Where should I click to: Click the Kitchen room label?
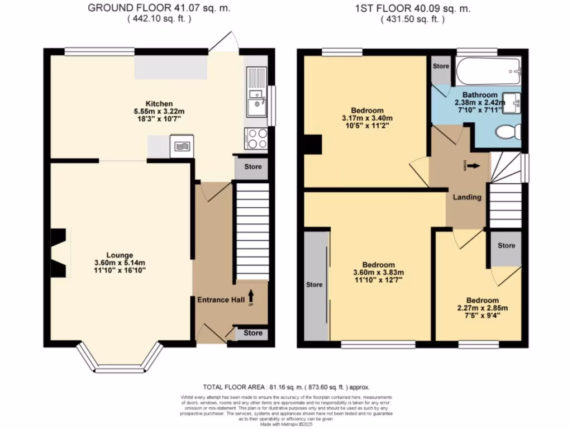(159, 104)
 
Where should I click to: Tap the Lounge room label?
(121, 255)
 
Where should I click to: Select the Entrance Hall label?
(221, 300)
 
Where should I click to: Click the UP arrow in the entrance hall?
(251, 295)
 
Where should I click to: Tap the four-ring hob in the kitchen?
(256, 138)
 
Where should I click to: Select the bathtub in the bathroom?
(488, 71)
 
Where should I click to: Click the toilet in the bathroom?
(508, 132)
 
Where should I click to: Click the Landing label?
(467, 197)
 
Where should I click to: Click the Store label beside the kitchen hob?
(252, 166)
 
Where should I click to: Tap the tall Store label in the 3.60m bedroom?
(314, 284)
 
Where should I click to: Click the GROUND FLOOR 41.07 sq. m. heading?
(159, 8)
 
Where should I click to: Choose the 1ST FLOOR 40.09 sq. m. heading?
(413, 8)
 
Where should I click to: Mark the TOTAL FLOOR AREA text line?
(285, 387)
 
